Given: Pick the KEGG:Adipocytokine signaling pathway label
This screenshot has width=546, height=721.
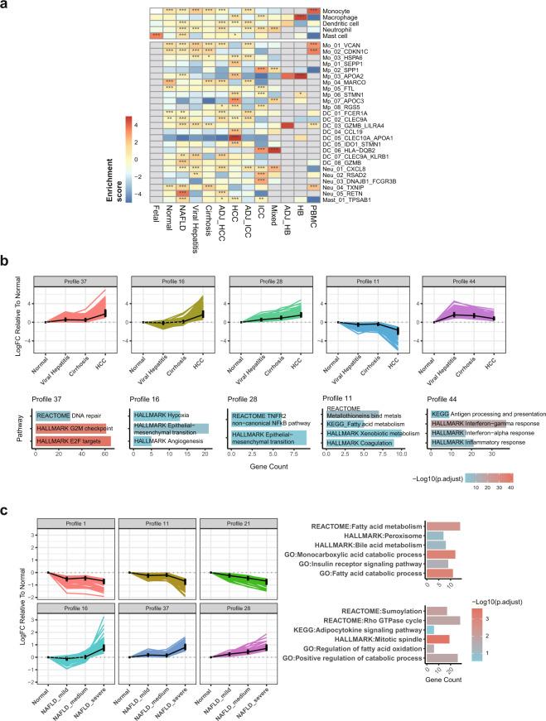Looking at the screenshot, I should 358,630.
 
